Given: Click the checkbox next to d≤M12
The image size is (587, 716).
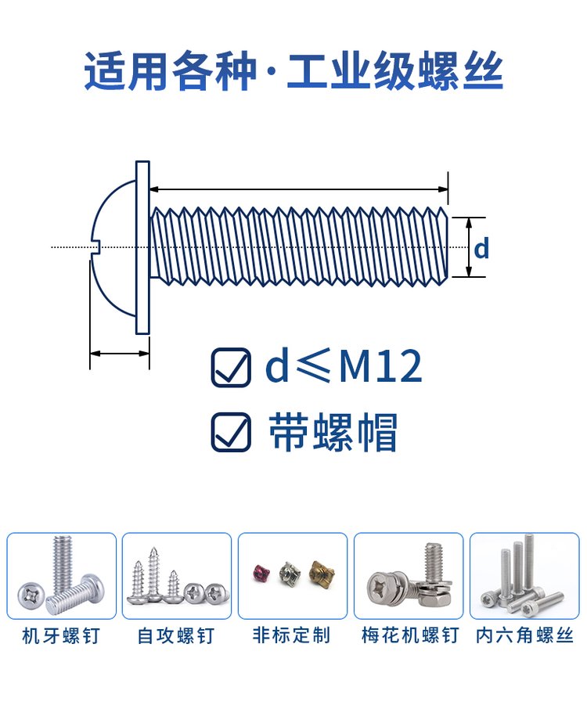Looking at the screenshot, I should (x=231, y=367).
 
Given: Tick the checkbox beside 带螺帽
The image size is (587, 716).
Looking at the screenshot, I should (x=231, y=432).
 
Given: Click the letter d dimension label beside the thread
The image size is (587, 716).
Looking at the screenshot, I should (x=481, y=248).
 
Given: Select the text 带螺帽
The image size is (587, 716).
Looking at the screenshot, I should (x=333, y=431).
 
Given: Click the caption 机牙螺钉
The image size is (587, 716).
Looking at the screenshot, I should (x=61, y=635).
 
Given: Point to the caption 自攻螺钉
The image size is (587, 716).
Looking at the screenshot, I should (x=176, y=635).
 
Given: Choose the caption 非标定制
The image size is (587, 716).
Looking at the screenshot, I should (x=292, y=635).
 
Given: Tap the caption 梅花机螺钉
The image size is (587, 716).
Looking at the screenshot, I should (x=409, y=635).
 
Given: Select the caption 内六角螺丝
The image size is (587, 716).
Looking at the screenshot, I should (x=525, y=635).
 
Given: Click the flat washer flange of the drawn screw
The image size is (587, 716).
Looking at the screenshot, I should (x=142, y=247).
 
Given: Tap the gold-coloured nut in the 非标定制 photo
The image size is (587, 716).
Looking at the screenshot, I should (x=320, y=575).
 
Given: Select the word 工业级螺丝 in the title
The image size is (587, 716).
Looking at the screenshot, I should (x=395, y=72).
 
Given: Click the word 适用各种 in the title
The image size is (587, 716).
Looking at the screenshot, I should (x=170, y=72).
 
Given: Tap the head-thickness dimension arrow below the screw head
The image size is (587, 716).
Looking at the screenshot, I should (x=119, y=354).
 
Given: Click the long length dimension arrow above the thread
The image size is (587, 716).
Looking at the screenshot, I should (x=298, y=189).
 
